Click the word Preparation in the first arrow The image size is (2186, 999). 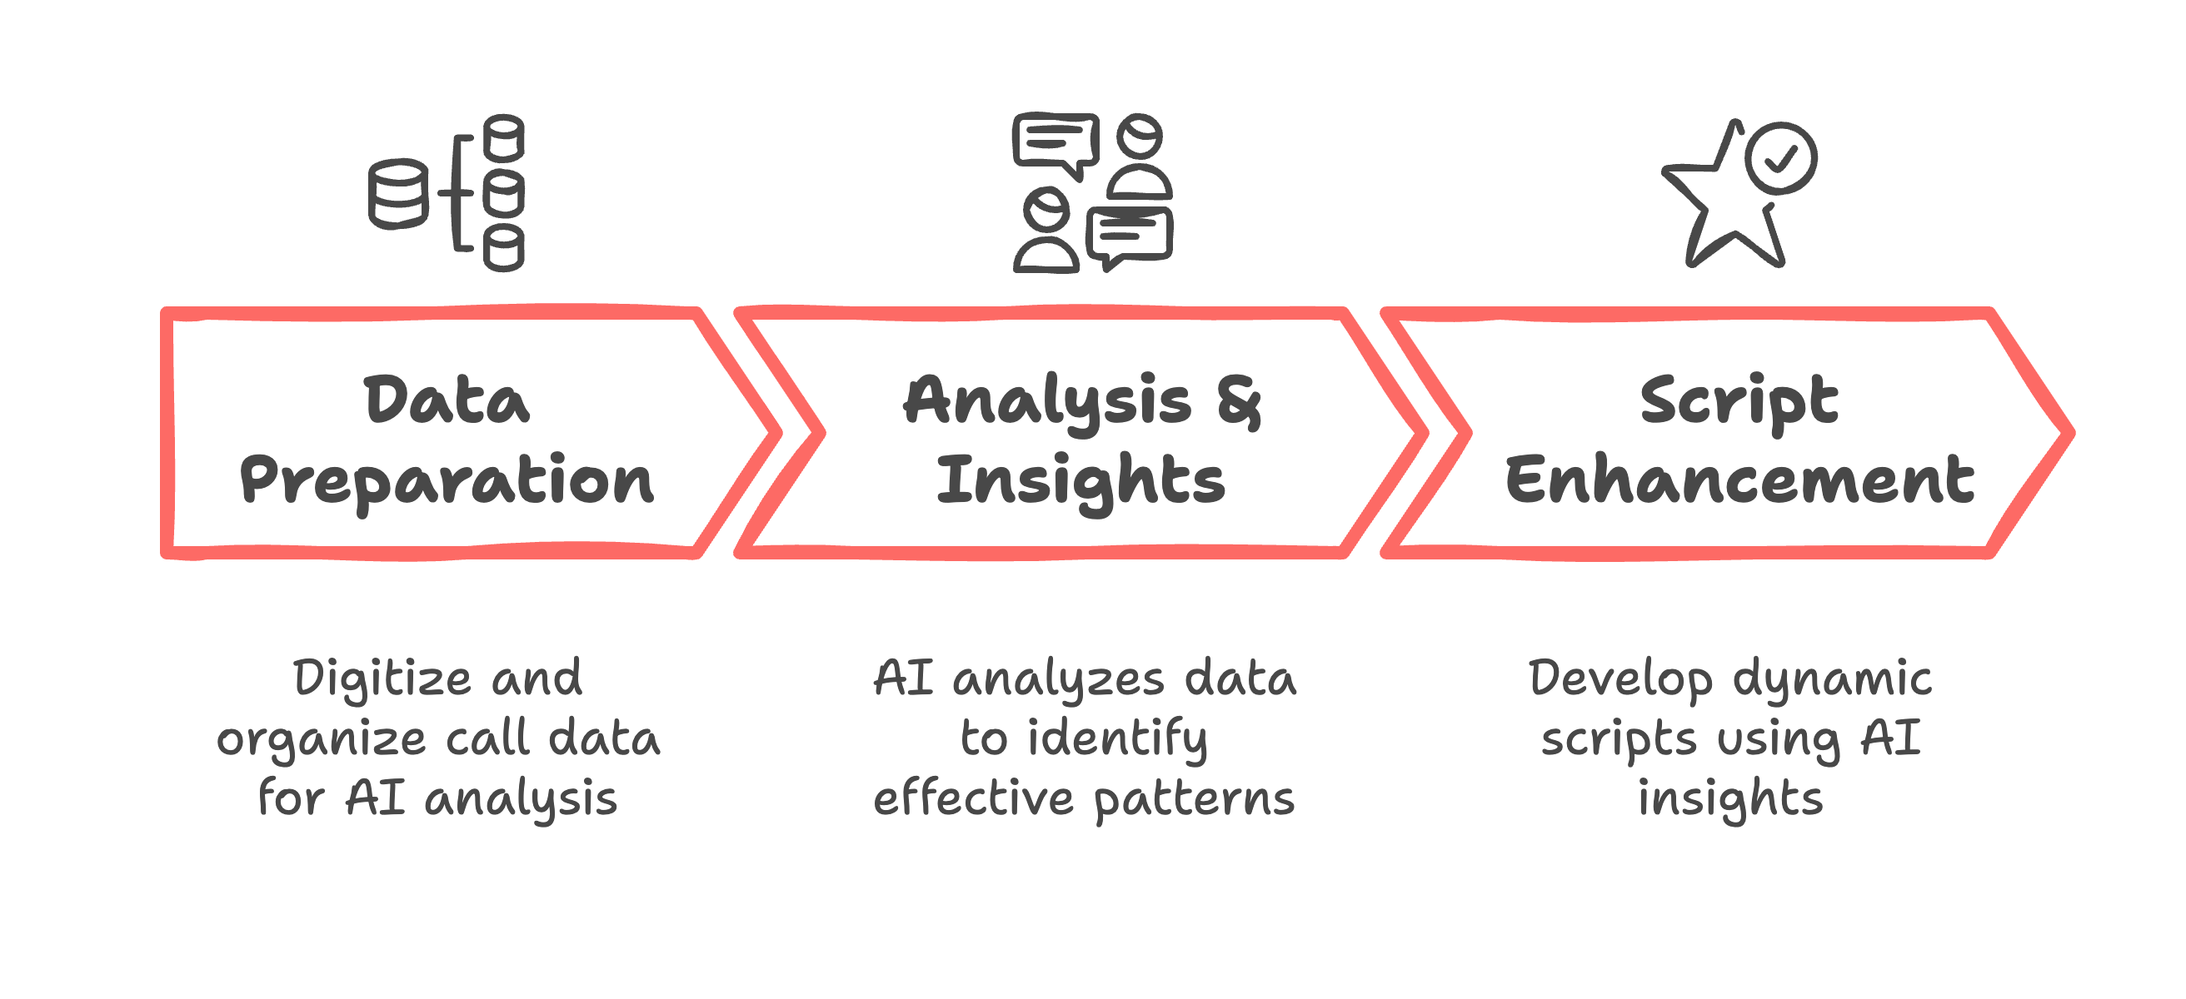pos(447,481)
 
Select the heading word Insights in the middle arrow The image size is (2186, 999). pos(1081,481)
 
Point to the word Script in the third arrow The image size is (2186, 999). pos(1739,400)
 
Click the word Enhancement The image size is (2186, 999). pos(1739,481)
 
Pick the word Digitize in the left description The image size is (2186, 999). pos(382,679)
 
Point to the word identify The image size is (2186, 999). pos(1118,739)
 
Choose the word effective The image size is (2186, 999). pos(973,799)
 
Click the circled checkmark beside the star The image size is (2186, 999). pos(1780,158)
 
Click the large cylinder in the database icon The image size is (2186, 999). pos(397,194)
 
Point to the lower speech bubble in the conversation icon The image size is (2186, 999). pos(1130,235)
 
